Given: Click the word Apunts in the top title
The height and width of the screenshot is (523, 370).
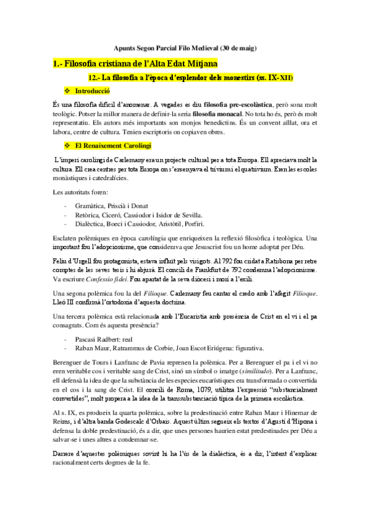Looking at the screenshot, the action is pos(125,48).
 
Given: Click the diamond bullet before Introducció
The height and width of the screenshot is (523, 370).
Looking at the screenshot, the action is pos(67,91).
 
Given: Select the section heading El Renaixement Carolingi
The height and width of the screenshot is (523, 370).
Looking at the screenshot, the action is pos(107,146).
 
